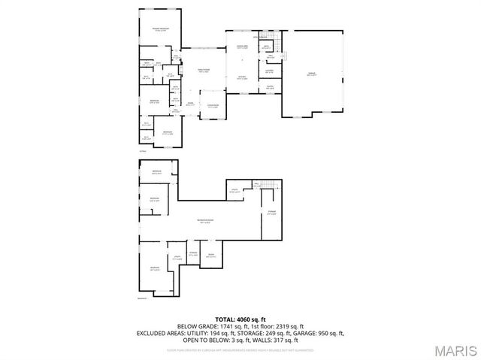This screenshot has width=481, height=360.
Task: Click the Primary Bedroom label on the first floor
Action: (160, 29)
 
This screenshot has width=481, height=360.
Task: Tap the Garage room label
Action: (311, 73)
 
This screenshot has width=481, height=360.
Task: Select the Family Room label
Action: (203, 70)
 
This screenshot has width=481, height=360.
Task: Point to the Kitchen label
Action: (243, 77)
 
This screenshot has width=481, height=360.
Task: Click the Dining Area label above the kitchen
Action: (243, 47)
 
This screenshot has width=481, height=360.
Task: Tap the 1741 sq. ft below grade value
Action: (228, 326)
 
